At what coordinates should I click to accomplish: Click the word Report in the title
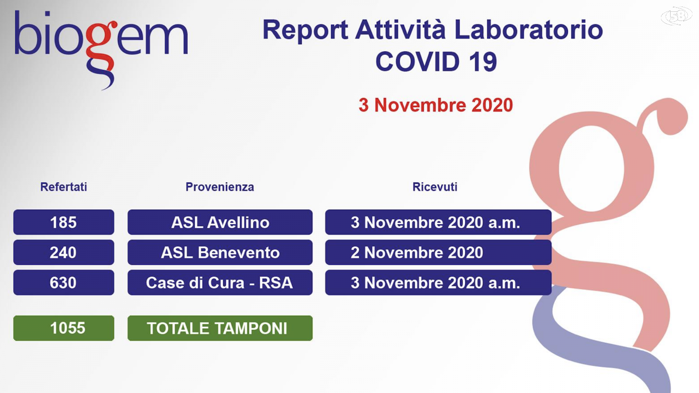[305, 31]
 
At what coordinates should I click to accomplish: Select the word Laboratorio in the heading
[528, 30]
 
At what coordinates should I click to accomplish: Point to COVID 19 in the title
[436, 62]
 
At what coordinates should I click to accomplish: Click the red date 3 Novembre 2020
[436, 105]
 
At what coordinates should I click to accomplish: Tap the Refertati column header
[64, 187]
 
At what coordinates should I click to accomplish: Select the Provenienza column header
[220, 187]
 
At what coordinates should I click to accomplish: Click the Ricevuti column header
[435, 187]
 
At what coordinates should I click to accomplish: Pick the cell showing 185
[64, 222]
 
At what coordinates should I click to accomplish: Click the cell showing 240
[64, 252]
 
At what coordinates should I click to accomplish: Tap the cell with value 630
[64, 283]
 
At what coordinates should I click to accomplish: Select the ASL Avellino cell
[220, 222]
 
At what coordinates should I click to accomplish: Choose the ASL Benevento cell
[220, 252]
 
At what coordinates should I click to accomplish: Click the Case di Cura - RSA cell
[220, 283]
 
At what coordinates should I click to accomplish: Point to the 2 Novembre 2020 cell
[438, 252]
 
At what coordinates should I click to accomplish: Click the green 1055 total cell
[64, 328]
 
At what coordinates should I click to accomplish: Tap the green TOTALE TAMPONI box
[220, 328]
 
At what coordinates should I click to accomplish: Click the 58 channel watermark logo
[677, 16]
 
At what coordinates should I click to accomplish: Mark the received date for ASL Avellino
[438, 222]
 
